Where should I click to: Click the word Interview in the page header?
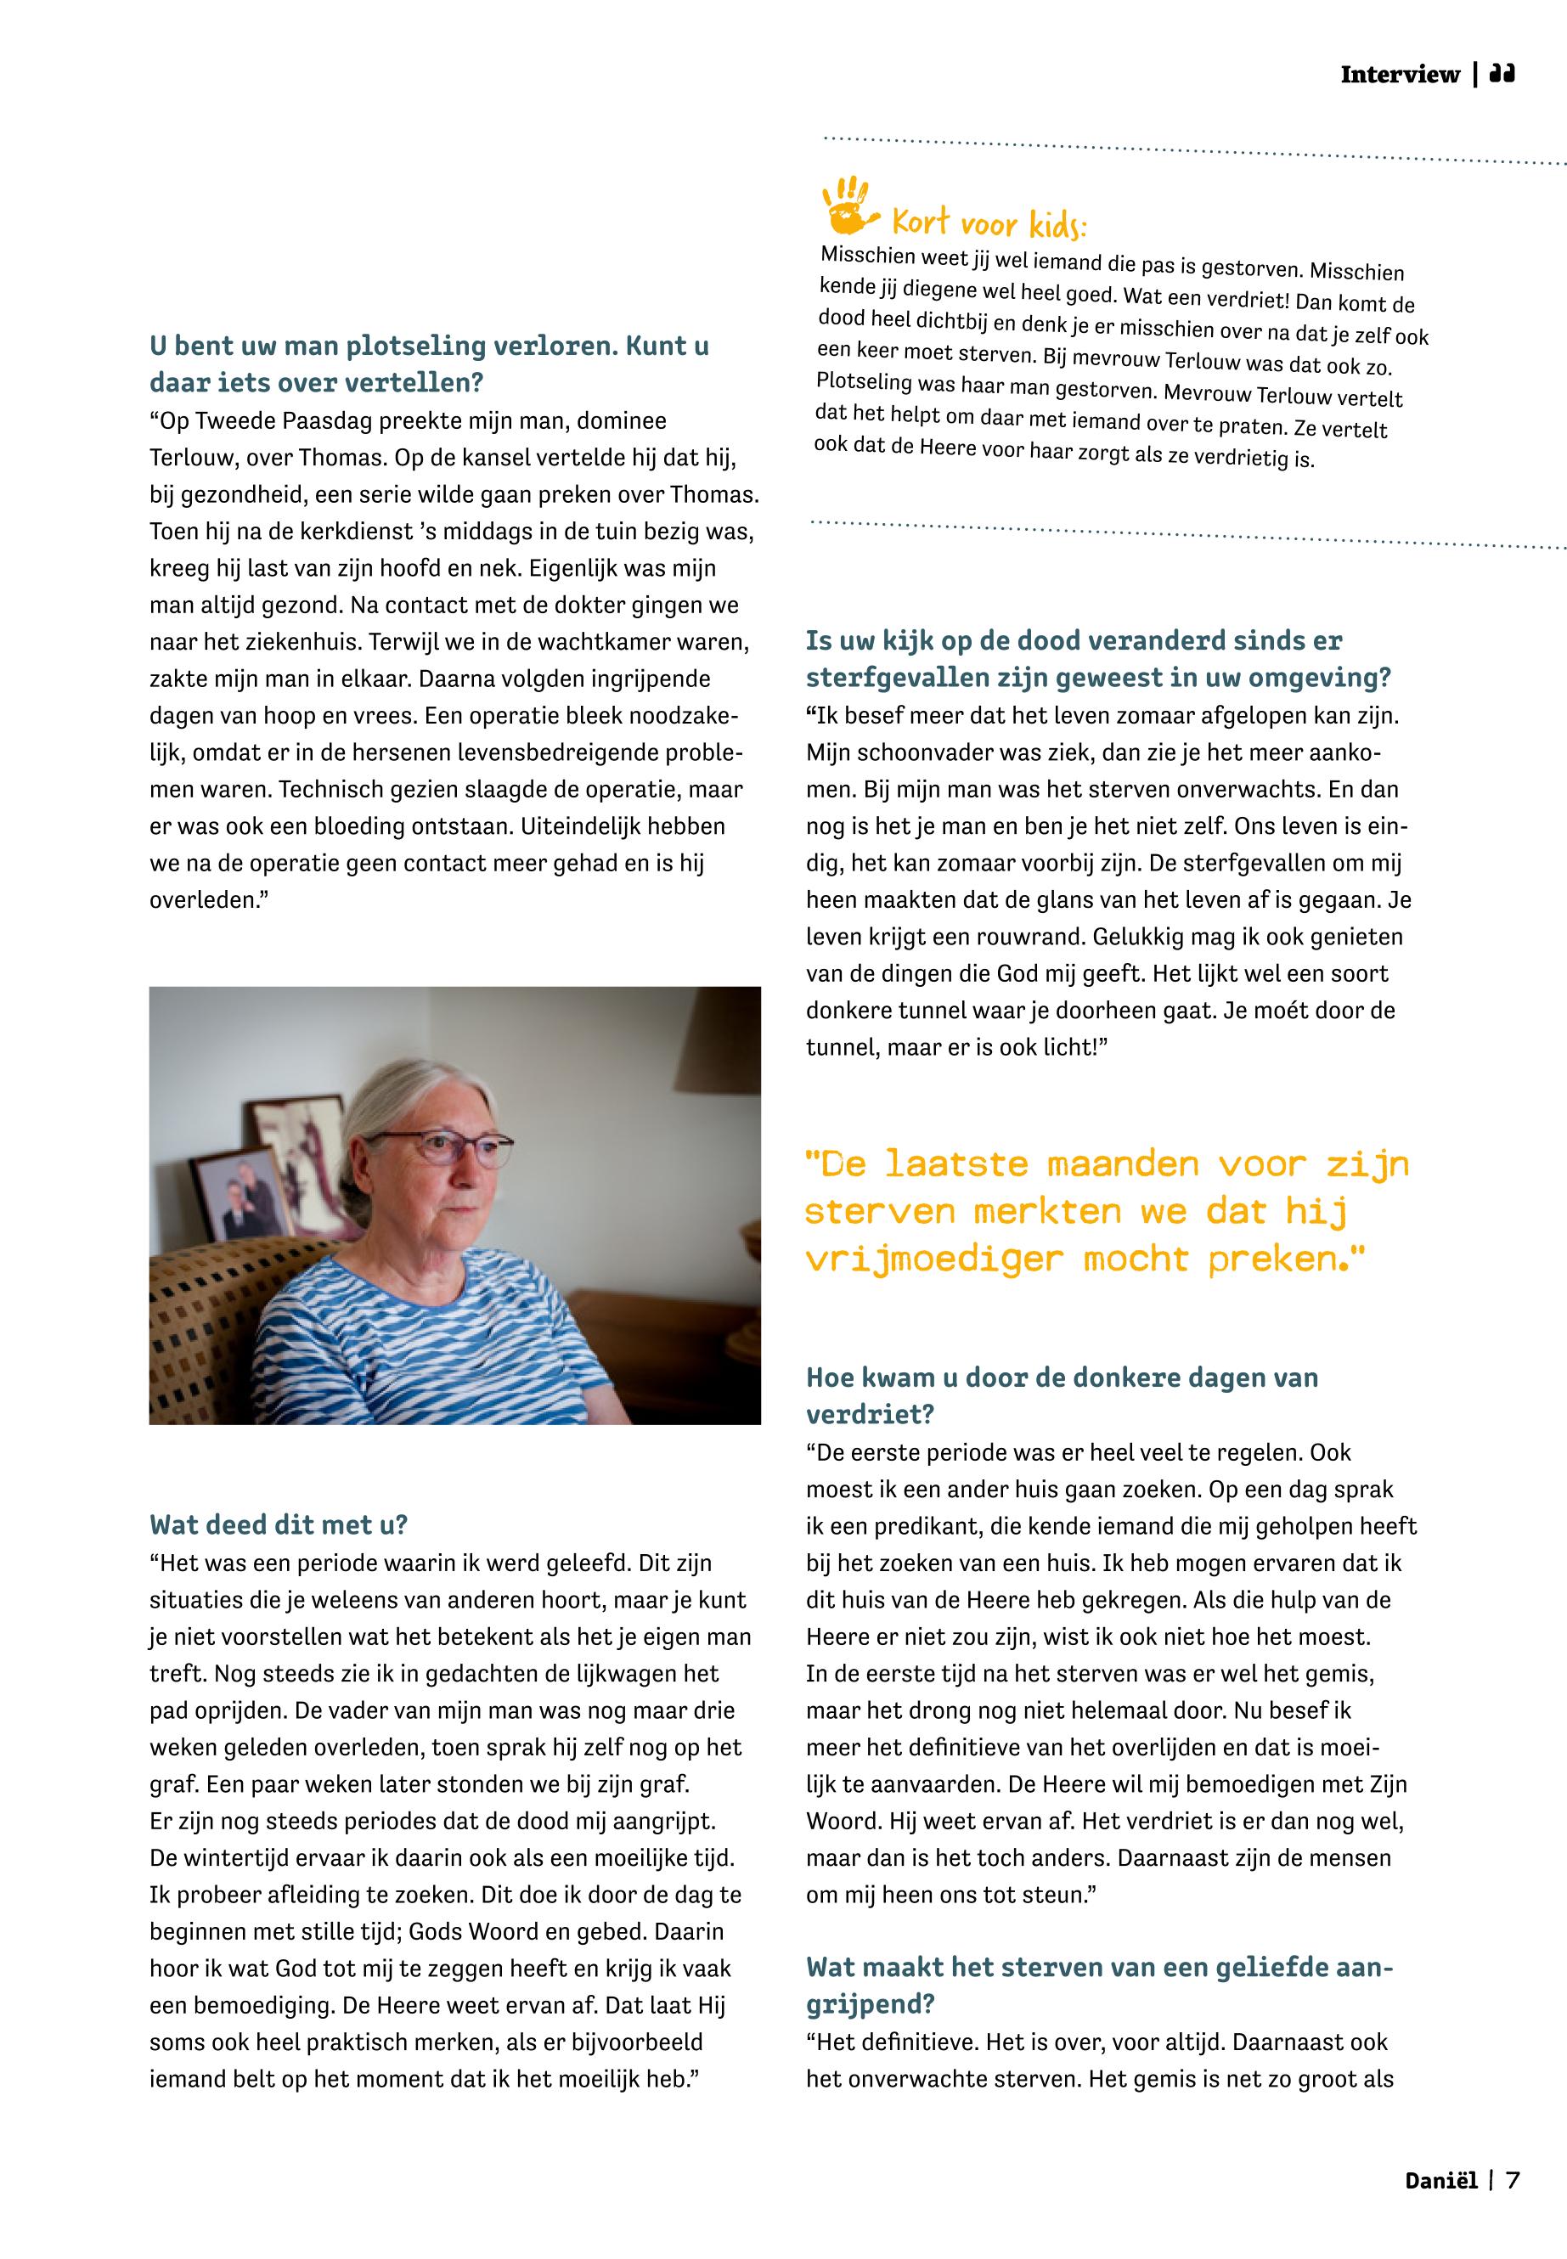click(x=1399, y=75)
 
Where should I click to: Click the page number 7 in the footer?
click(x=1513, y=2181)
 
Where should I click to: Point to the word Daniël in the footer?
click(x=1440, y=2181)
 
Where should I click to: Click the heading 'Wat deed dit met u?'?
click(x=278, y=1524)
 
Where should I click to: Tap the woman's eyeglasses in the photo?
click(x=440, y=1146)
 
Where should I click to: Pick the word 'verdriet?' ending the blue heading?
click(x=870, y=1415)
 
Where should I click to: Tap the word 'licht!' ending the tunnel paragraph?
click(x=1074, y=1047)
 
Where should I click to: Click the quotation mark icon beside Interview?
click(x=1502, y=75)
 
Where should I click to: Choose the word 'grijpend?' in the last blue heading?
click(x=870, y=2003)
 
